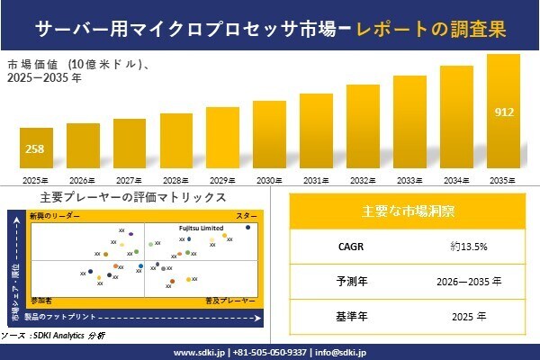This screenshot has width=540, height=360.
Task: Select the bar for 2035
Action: (x=503, y=112)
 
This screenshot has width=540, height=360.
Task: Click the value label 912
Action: (x=504, y=112)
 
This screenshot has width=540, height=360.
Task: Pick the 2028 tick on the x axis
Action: (x=176, y=181)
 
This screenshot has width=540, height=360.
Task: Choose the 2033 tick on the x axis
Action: (x=409, y=181)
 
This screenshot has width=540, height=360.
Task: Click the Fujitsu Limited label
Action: (x=200, y=229)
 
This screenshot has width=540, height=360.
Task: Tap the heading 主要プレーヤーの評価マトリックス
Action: (x=133, y=198)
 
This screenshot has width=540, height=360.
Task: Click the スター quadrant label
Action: (x=246, y=217)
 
